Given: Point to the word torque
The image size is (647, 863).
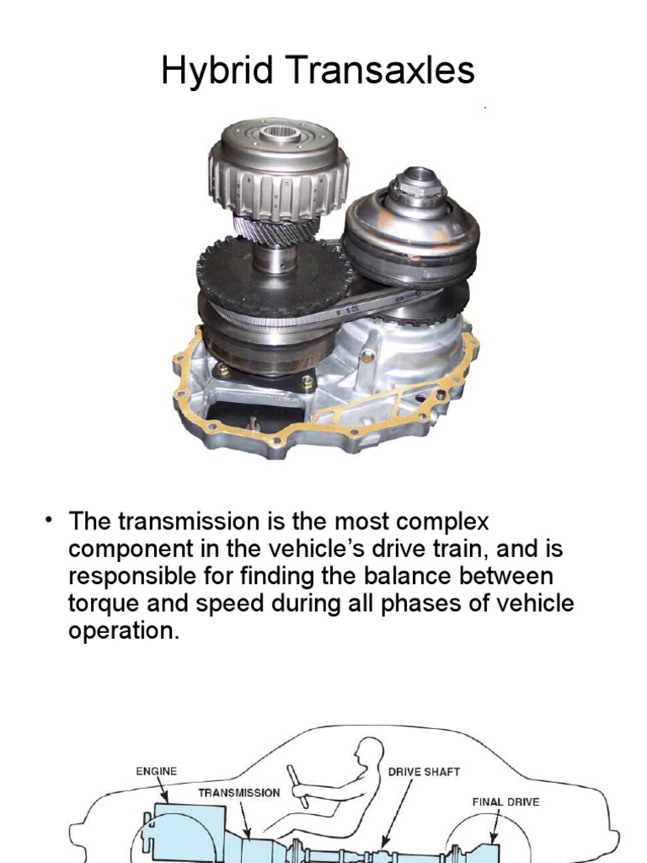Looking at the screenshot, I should tap(109, 603).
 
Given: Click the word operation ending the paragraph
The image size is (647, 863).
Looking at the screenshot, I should tap(123, 632).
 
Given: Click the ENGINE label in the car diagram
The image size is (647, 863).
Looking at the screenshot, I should tap(158, 770).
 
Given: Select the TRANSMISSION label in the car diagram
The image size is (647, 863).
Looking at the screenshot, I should tap(239, 792).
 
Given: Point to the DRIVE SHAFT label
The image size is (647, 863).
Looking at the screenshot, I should tap(424, 771).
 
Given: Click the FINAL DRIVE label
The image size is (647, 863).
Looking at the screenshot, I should tap(505, 801).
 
